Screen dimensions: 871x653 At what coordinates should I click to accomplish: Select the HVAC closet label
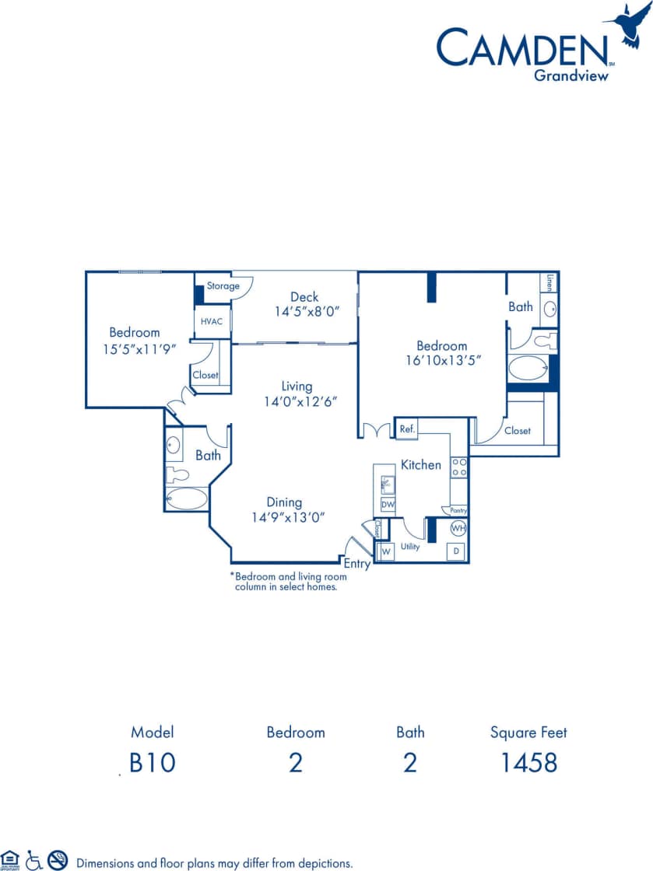tap(212, 321)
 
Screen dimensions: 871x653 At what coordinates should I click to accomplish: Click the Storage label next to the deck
tap(223, 286)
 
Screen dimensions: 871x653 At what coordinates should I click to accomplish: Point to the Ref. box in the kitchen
tap(406, 429)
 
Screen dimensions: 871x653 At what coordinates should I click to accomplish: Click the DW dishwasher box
tap(388, 505)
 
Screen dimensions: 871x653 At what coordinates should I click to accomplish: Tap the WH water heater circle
tap(458, 528)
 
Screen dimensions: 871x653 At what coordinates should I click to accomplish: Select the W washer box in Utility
tap(384, 551)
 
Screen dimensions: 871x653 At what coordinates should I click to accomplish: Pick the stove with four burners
tap(459, 467)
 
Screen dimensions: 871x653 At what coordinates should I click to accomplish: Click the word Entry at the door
tap(357, 564)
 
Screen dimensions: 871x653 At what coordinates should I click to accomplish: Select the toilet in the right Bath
tap(542, 339)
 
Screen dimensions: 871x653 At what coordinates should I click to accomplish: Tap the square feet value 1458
tap(528, 763)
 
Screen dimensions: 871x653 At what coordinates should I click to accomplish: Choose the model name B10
tap(153, 763)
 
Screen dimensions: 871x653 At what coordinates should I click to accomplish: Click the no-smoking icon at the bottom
tap(58, 859)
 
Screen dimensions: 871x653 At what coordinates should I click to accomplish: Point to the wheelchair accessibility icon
tap(33, 859)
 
